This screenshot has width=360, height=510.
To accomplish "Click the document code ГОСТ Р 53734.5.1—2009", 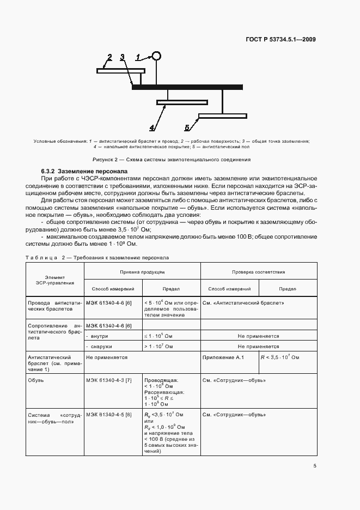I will tap(281, 39).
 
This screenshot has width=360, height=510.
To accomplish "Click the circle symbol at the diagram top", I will tap(157, 56).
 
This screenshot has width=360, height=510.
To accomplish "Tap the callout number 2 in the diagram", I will tap(109, 57).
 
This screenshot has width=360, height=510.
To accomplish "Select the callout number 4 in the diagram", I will tap(152, 129).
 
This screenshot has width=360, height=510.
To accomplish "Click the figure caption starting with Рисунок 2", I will tap(172, 160).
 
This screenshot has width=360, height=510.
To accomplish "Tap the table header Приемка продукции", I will tap(142, 271).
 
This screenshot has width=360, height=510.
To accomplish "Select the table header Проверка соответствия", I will tap(259, 271).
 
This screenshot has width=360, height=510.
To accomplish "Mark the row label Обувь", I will tap(36, 379).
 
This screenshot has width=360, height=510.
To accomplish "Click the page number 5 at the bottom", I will tap(315, 465).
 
